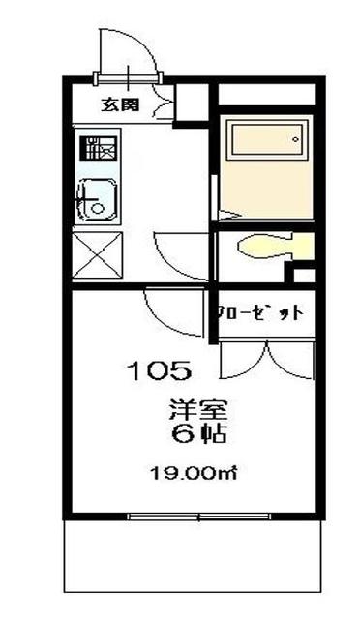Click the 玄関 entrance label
[x=119, y=104]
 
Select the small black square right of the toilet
[x=304, y=276]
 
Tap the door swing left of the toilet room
[x=182, y=253]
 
